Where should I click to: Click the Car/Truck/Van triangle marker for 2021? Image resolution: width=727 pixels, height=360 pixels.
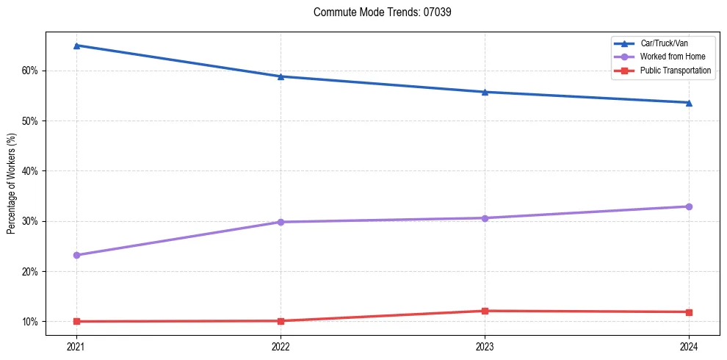click(76, 46)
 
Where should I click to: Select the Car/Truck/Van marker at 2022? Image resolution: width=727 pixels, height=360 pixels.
click(281, 76)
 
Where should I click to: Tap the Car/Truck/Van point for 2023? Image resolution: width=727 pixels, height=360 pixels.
click(485, 92)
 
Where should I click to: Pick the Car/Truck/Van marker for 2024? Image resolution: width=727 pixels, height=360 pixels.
click(689, 103)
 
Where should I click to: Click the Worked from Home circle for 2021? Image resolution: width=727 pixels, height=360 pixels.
click(76, 255)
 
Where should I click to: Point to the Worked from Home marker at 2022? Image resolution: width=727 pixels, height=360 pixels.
click(281, 222)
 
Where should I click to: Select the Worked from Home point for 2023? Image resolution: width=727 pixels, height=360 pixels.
click(485, 218)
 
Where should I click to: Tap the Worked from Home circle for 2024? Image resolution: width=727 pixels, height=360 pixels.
click(689, 206)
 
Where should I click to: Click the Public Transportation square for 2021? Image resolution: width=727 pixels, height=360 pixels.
click(76, 321)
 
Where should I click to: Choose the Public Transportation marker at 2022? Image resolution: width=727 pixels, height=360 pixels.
click(281, 320)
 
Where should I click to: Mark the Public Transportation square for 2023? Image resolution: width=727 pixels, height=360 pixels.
click(485, 311)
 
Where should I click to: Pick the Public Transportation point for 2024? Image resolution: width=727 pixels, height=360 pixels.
click(689, 312)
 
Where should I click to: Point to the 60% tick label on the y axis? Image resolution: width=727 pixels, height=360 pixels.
click(29, 71)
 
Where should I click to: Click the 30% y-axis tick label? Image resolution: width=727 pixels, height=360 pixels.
click(29, 221)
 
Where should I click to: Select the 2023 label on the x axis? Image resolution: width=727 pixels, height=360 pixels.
click(485, 346)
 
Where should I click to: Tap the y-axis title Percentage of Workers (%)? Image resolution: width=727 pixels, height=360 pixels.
click(12, 184)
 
